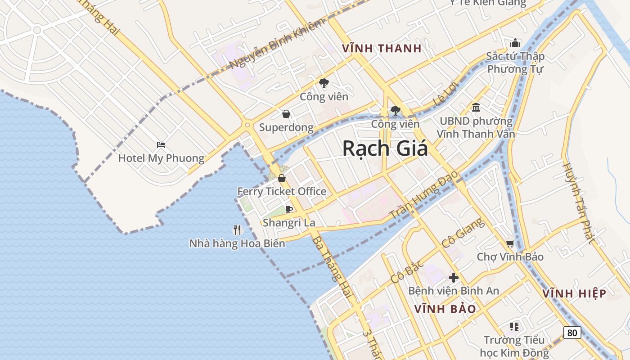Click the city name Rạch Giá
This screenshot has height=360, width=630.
click(x=385, y=148)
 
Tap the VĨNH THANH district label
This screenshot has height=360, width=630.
click(x=382, y=49)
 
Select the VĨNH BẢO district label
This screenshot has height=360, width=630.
click(x=445, y=309)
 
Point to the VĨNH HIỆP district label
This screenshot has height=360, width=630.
click(x=574, y=294)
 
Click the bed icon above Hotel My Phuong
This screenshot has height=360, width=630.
click(x=161, y=145)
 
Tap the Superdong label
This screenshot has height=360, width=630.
click(x=286, y=127)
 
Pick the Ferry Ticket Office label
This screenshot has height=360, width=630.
click(x=282, y=191)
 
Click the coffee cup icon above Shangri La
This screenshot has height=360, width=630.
click(x=289, y=209)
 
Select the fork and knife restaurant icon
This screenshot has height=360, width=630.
click(x=237, y=230)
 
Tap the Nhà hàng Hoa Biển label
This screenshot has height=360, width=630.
click(x=237, y=243)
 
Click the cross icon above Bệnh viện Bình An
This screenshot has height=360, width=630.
click(x=454, y=278)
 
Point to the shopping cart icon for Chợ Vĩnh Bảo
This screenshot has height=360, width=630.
click(x=510, y=243)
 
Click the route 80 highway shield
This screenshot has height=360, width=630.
click(x=572, y=333)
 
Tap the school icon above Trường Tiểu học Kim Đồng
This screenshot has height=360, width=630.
click(x=515, y=326)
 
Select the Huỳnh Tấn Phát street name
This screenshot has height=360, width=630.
click(x=578, y=202)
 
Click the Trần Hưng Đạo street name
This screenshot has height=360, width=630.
click(x=423, y=194)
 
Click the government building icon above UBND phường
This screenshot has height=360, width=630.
click(x=476, y=107)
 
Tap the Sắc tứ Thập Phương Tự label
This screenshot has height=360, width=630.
click(x=515, y=63)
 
